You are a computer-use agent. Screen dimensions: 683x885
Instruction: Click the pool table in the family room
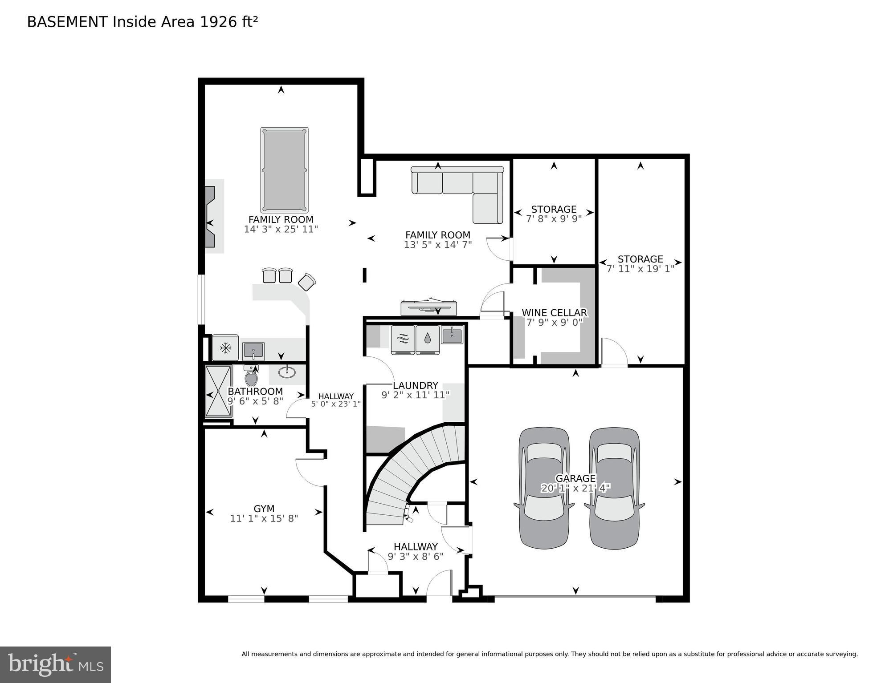(284, 170)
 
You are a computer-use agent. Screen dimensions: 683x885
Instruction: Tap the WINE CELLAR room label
(554, 313)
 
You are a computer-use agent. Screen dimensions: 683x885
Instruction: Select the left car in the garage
(544, 488)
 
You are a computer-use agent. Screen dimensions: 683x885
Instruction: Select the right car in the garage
(614, 488)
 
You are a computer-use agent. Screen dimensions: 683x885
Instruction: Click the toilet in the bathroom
(251, 377)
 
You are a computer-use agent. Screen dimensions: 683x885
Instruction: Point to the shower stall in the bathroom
(218, 391)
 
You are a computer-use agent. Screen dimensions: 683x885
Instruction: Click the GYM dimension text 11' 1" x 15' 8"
(264, 518)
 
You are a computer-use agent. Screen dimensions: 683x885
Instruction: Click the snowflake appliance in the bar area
(226, 348)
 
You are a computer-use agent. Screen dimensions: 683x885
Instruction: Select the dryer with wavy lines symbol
(403, 340)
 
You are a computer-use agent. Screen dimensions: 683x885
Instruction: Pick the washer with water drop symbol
(428, 340)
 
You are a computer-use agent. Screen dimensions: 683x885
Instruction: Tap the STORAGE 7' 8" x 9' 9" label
(554, 214)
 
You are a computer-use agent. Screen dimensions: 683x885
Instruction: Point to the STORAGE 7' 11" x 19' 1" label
(640, 264)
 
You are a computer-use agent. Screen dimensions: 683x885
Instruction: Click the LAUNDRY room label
(415, 385)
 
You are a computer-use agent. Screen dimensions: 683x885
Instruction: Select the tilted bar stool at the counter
(307, 282)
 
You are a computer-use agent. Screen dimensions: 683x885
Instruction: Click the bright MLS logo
(55, 665)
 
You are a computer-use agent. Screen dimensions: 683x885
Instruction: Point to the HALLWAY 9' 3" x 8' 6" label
(415, 551)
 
